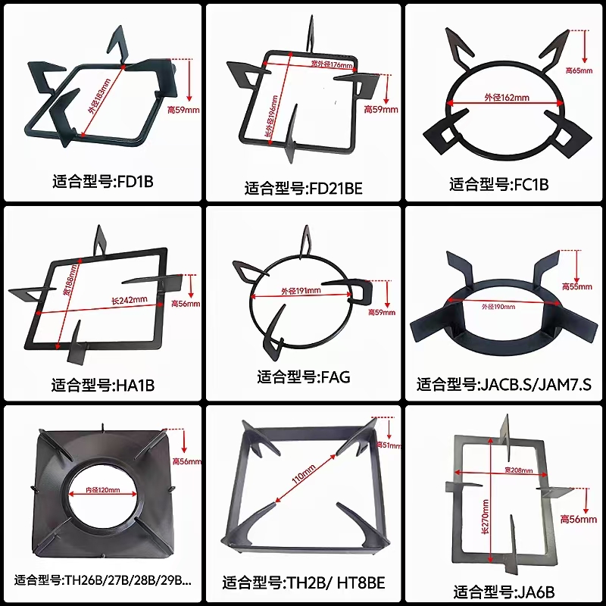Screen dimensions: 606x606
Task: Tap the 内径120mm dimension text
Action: [x=104, y=490]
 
